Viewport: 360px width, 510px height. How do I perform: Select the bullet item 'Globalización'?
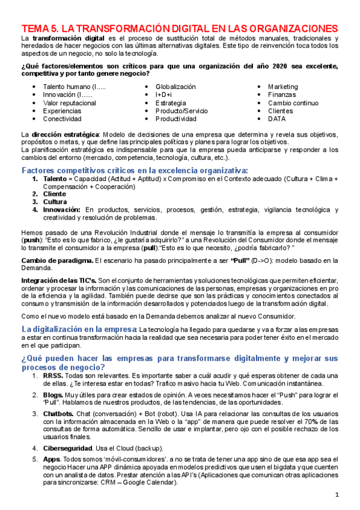click(175, 87)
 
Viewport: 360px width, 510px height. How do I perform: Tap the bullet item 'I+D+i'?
click(163, 95)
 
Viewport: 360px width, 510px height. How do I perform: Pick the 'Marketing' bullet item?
click(282, 87)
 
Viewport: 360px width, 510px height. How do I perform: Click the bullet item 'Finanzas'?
click(281, 95)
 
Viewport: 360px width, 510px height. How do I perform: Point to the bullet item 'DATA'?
click(277, 118)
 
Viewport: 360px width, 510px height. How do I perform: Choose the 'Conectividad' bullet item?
click(61, 118)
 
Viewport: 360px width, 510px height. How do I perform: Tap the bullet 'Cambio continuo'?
click(293, 103)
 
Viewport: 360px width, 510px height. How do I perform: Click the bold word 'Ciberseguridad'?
click(67, 449)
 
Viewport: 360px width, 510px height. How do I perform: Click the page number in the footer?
click(337, 495)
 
